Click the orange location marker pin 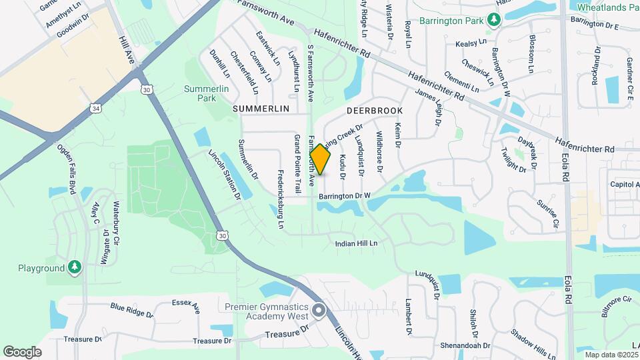tap(320, 159)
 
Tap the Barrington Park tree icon tap(493, 19)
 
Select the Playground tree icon tap(75, 268)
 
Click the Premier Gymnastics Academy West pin tap(319, 310)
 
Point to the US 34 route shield tap(97, 107)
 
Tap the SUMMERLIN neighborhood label tap(261, 108)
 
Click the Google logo tap(22, 351)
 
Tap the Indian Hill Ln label tap(356, 244)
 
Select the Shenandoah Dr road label tap(465, 346)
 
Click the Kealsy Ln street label tap(471, 43)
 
